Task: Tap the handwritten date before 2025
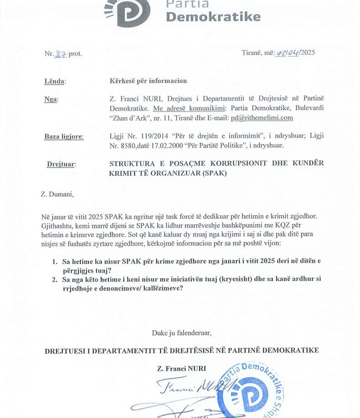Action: (x=287, y=53)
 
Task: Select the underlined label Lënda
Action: (x=54, y=82)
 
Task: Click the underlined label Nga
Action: (x=51, y=100)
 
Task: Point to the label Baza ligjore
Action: (x=64, y=137)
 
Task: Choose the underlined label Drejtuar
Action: (x=61, y=164)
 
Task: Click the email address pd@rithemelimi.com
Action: (x=262, y=118)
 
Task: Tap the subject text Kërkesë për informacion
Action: (x=148, y=81)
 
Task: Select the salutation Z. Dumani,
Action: (x=58, y=195)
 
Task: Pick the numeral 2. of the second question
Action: (x=55, y=279)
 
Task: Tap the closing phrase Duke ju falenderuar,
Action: (x=181, y=332)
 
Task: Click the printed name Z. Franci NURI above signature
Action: (x=182, y=369)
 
